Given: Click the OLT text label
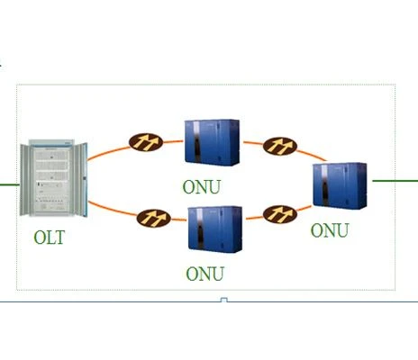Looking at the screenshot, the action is click(50, 238).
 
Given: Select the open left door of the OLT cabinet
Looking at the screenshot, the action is click(24, 180).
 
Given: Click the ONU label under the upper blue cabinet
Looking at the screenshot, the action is click(202, 187).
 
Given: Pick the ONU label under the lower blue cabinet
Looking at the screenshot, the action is click(205, 274).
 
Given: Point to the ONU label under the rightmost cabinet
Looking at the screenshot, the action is click(330, 230).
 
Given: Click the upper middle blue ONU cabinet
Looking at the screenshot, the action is click(212, 142).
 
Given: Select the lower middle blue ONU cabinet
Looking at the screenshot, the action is click(215, 229).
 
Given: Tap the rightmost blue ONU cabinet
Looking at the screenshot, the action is click(340, 186).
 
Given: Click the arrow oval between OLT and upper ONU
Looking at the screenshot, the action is click(146, 142).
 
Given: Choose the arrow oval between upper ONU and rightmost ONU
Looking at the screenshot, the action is click(280, 147).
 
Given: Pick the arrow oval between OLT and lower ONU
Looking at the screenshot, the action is click(154, 218).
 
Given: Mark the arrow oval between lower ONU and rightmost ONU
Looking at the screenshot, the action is click(280, 214).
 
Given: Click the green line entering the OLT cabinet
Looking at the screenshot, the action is click(10, 184).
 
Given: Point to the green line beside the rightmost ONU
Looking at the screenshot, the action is click(395, 181).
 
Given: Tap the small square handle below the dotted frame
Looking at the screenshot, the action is click(224, 300).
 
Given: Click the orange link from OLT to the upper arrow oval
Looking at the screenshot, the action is click(108, 152).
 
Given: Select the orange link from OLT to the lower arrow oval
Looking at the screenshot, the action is click(113, 209).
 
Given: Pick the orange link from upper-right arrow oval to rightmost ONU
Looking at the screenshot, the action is click(312, 155).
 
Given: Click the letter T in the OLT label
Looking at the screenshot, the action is click(59, 238).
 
